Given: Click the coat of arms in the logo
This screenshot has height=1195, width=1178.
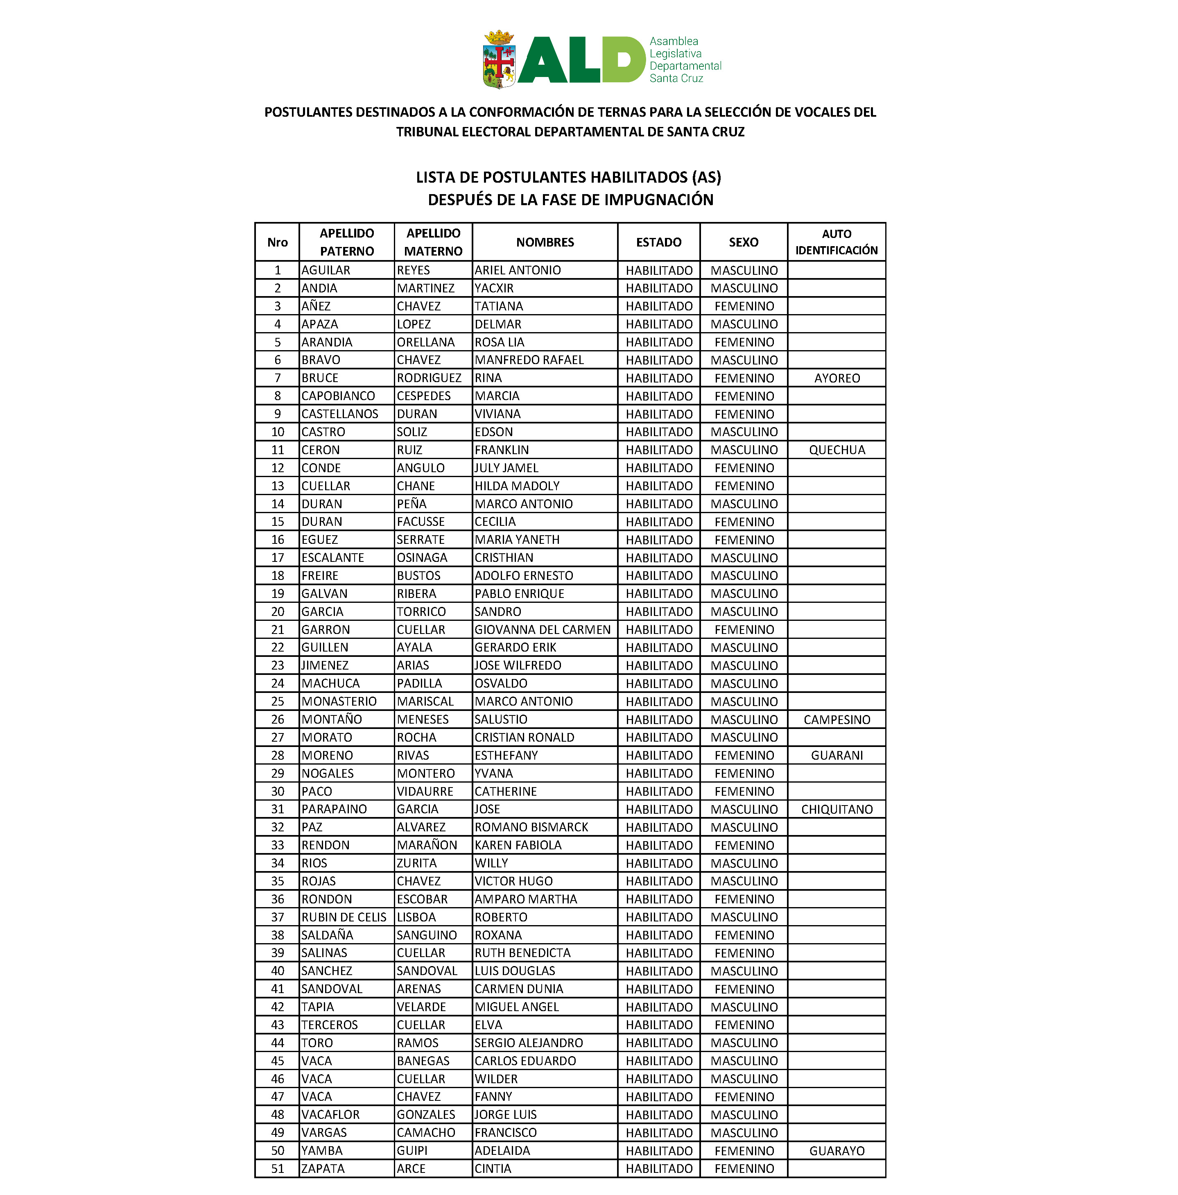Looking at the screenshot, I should [498, 59].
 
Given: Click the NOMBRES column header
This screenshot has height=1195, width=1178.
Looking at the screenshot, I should [545, 242].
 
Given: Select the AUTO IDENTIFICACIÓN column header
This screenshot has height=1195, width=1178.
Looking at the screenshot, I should [836, 242].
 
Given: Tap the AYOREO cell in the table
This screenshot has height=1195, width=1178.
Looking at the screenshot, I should [837, 378].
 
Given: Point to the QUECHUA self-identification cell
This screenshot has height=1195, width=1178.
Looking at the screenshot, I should [837, 450].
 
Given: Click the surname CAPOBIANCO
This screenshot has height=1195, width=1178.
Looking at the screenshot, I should [338, 396].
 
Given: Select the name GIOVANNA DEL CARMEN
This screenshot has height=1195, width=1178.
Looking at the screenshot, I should [542, 630].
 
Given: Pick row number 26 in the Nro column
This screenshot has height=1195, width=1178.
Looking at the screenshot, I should [278, 720].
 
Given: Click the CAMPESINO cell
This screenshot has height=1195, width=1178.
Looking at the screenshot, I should [837, 720].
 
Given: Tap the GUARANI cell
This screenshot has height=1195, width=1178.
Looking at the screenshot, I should [837, 755].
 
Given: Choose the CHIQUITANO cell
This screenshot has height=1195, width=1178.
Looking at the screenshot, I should [837, 809].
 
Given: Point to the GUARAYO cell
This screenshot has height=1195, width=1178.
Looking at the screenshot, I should [837, 1150].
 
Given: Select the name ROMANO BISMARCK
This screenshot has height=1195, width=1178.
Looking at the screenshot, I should [531, 827].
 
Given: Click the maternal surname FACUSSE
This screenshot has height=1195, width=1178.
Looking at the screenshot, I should [421, 521].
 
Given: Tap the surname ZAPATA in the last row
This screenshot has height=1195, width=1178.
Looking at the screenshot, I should [322, 1168].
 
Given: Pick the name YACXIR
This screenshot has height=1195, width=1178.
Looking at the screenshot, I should [494, 288].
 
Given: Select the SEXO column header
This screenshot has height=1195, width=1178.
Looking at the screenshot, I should [743, 242].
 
